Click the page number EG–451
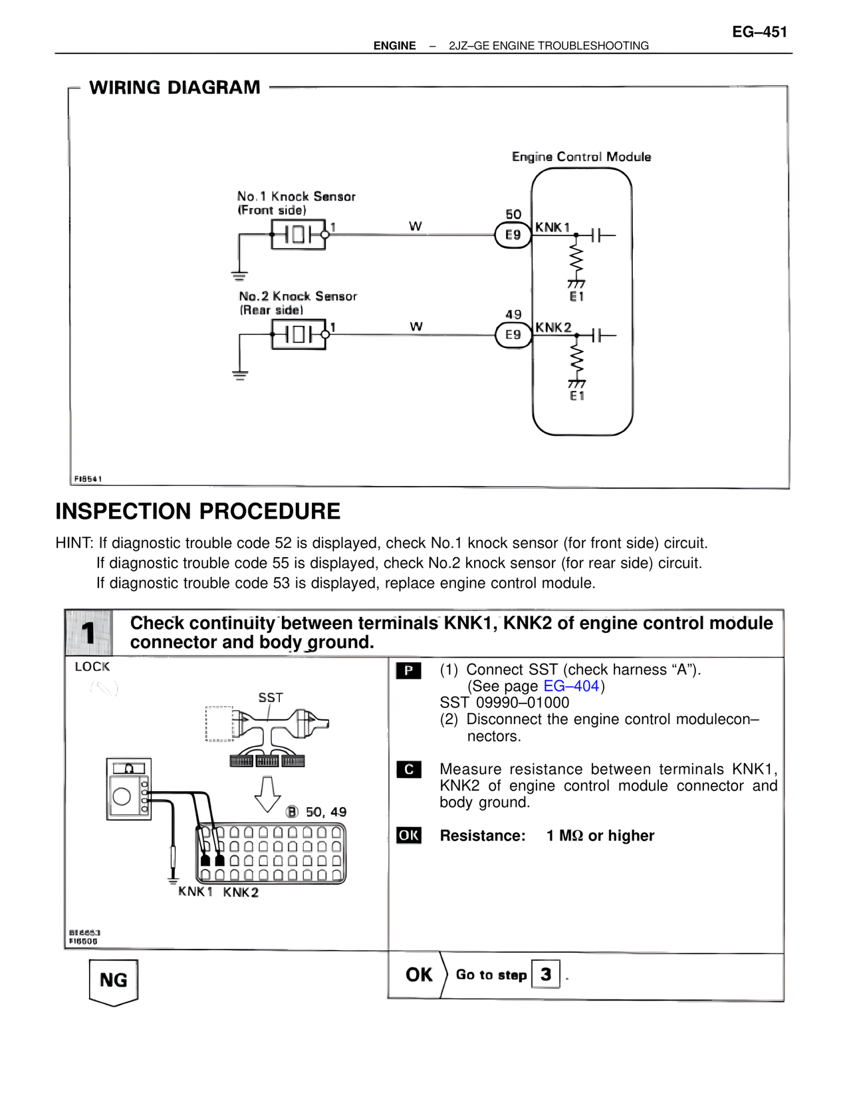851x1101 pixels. click(759, 32)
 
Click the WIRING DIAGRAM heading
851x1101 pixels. click(175, 88)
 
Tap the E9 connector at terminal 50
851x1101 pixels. click(513, 235)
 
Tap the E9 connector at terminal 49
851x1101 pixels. click(513, 334)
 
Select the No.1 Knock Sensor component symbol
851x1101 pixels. click(299, 235)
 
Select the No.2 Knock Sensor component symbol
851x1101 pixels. click(299, 334)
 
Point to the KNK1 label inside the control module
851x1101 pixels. click(552, 227)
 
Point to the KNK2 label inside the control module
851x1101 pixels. click(553, 327)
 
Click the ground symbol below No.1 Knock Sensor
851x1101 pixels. click(239, 276)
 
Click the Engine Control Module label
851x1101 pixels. click(581, 157)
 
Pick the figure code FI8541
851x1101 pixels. click(88, 479)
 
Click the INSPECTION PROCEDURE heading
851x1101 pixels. click(197, 511)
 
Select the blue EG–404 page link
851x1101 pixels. click(571, 686)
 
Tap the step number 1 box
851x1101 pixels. click(88, 633)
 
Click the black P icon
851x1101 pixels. click(408, 671)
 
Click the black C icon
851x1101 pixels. click(408, 770)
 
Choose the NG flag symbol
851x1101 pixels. click(114, 981)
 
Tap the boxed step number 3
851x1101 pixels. click(546, 975)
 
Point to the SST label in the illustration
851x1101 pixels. click(271, 697)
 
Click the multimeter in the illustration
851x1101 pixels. click(129, 789)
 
